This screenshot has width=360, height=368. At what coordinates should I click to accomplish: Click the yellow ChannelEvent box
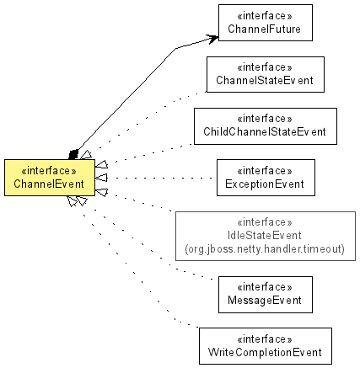pyautogui.click(x=50, y=178)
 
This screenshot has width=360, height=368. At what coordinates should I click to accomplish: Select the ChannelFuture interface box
pyautogui.click(x=266, y=23)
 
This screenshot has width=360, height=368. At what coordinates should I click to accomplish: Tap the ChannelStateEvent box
pyautogui.click(x=266, y=74)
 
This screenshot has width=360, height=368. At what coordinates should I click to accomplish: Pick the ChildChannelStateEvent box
pyautogui.click(x=266, y=126)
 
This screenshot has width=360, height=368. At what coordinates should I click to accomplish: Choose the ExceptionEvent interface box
pyautogui.click(x=266, y=178)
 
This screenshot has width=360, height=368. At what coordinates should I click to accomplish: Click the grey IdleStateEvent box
pyautogui.click(x=266, y=236)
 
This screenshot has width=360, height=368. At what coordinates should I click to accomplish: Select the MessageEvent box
pyautogui.click(x=266, y=295)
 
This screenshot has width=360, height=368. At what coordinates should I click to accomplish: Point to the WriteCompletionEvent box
pyautogui.click(x=266, y=346)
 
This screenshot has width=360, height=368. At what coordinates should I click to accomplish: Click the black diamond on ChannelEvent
pyautogui.click(x=73, y=154)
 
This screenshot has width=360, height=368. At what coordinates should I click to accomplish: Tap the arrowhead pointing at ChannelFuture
pyautogui.click(x=212, y=39)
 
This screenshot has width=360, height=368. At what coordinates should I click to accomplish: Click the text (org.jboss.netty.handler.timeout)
pyautogui.click(x=265, y=249)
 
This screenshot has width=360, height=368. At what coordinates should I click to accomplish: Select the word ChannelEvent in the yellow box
pyautogui.click(x=49, y=184)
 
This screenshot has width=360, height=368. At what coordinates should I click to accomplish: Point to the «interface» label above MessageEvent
pyautogui.click(x=265, y=287)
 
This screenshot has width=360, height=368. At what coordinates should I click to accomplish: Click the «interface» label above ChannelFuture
pyautogui.click(x=265, y=16)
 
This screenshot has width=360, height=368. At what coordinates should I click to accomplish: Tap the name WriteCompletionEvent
pyautogui.click(x=265, y=353)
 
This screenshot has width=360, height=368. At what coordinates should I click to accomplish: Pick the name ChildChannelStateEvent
pyautogui.click(x=265, y=132)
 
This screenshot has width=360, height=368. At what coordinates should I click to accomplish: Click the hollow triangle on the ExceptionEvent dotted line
pyautogui.click(x=101, y=178)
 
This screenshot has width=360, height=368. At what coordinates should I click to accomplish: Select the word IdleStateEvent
pyautogui.click(x=265, y=236)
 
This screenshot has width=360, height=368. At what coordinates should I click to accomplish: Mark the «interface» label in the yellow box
pyautogui.click(x=49, y=171)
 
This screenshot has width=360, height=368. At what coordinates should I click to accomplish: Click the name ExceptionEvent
pyautogui.click(x=265, y=184)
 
